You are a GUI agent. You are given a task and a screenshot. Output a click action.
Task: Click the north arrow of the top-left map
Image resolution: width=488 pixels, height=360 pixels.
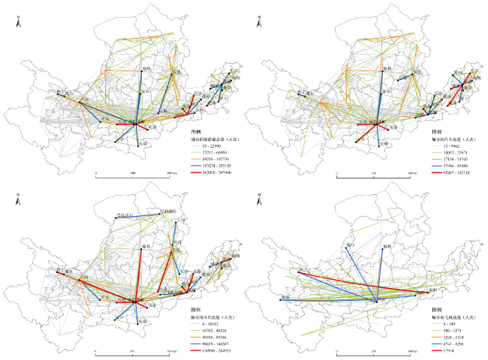point(17,22)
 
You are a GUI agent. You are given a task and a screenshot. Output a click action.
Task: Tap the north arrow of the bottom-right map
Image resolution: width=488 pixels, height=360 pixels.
point(259,201)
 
